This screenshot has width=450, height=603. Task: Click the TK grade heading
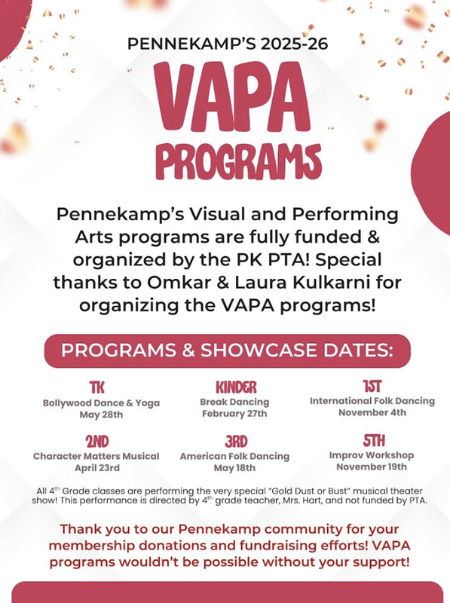(x=96, y=387)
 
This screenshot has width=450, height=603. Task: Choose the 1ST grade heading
(x=372, y=386)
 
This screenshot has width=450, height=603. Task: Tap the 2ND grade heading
(x=96, y=441)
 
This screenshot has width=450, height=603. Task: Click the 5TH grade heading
(x=372, y=440)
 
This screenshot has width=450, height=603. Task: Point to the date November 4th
(x=372, y=413)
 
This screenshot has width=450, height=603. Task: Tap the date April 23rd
(x=96, y=468)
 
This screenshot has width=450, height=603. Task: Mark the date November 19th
(x=372, y=467)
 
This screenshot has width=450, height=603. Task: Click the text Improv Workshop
(x=372, y=455)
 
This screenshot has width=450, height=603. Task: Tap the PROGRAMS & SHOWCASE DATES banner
(x=225, y=351)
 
